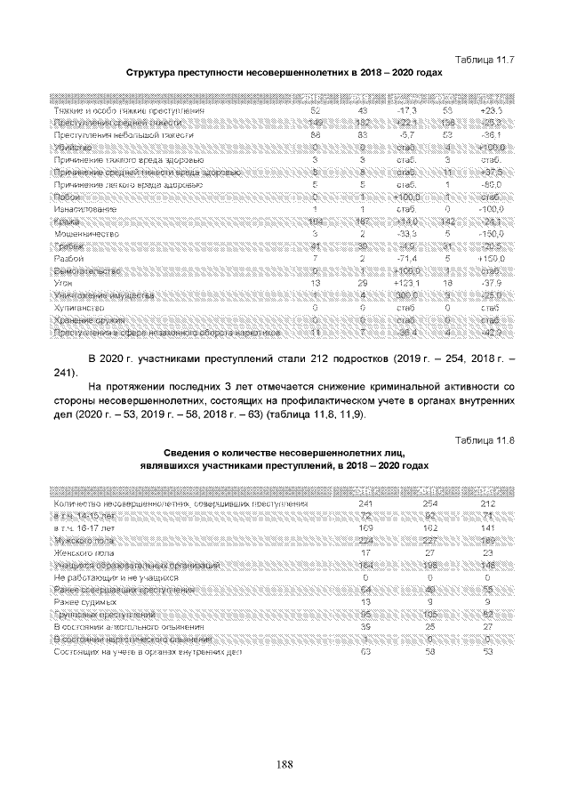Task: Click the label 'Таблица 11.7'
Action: pos(485,59)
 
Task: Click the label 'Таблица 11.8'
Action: pos(485,440)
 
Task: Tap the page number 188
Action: pos(284,763)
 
